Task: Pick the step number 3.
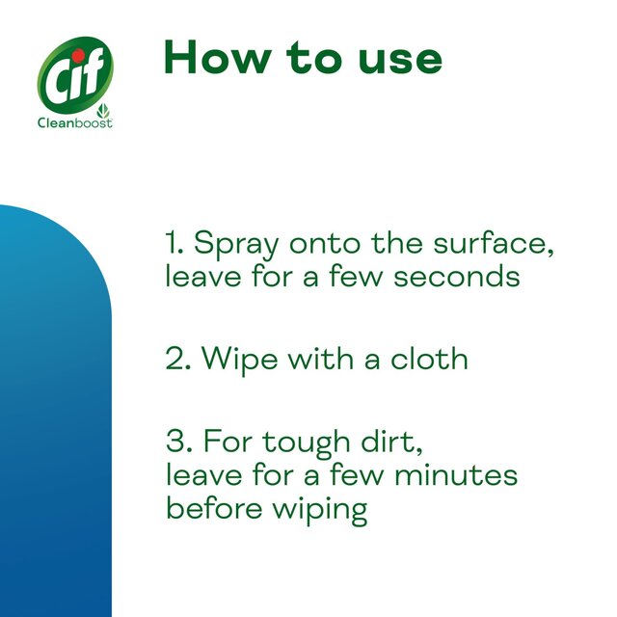[175, 443]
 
